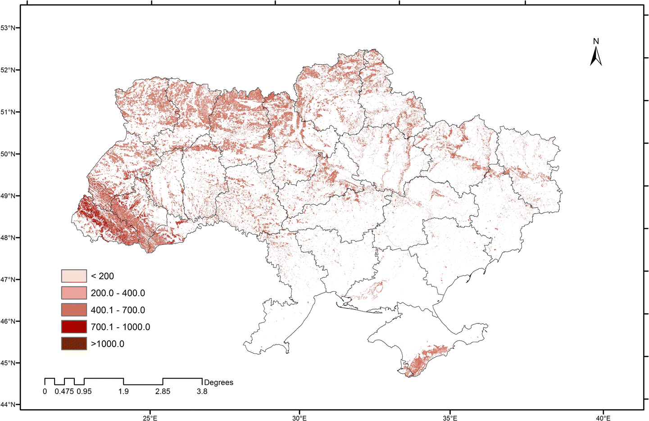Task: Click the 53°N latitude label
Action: (8, 28)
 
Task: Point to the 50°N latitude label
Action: (8, 154)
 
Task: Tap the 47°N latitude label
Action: (8, 280)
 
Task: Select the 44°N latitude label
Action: (8, 405)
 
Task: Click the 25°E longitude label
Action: (150, 417)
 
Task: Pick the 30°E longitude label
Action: (299, 417)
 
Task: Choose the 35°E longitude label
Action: (449, 417)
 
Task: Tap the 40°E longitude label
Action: (603, 417)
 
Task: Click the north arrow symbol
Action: (596, 57)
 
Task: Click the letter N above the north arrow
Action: (596, 41)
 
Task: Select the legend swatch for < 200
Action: (74, 276)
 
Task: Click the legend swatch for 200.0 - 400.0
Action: (74, 293)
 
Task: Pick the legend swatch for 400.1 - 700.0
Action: (74, 310)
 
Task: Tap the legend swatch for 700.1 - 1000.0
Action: (74, 327)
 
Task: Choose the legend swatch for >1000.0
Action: (74, 344)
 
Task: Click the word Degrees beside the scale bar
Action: (218, 382)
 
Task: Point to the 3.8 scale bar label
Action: (202, 392)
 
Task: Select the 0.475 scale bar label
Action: (64, 392)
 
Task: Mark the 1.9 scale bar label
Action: (123, 392)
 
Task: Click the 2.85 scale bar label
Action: (163, 392)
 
